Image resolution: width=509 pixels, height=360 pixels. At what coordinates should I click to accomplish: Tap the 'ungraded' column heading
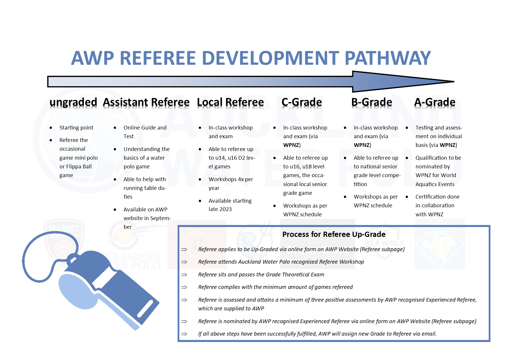(73, 102)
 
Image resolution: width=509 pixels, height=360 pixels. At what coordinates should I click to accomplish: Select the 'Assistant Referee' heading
(146, 102)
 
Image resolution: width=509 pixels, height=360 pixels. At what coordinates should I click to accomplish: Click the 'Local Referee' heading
(230, 102)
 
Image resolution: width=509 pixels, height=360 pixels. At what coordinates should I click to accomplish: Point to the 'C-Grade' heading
(302, 102)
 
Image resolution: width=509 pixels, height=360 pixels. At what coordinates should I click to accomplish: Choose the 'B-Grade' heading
(371, 102)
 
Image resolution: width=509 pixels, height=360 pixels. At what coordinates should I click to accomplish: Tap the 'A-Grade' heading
(434, 102)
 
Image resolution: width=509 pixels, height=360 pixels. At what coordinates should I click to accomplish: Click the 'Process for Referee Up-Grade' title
(334, 234)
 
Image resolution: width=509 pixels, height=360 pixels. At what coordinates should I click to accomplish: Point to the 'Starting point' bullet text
(76, 128)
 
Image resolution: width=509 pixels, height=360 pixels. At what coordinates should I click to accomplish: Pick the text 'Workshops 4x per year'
(231, 183)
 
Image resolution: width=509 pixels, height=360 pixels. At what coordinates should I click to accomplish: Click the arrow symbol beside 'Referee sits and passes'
(184, 275)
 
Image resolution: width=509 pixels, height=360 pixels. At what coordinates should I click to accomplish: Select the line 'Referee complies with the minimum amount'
(275, 287)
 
